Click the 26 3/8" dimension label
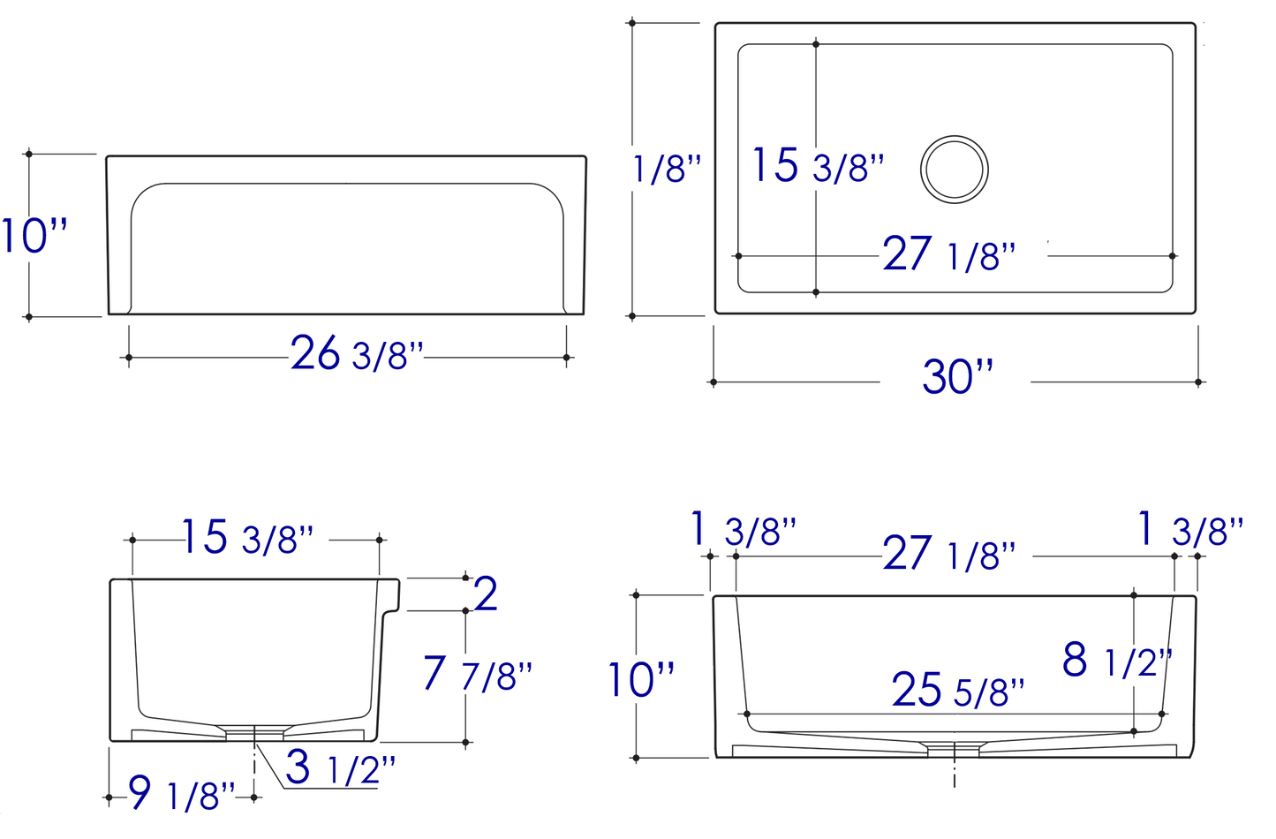(x=357, y=353)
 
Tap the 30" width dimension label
(x=957, y=376)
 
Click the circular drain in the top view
(x=955, y=170)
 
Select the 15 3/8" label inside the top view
(x=819, y=165)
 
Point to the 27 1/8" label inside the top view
(x=949, y=253)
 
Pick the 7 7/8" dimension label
(x=478, y=673)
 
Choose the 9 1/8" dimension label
(x=181, y=793)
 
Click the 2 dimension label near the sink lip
(x=486, y=593)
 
